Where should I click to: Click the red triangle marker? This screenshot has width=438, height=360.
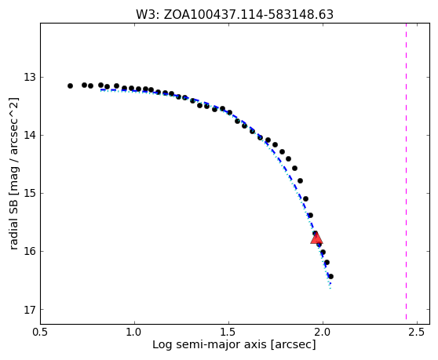316,238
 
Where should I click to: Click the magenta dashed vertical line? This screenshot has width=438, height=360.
406,171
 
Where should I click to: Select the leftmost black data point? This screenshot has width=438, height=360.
70,85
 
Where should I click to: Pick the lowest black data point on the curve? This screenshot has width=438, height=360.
330,276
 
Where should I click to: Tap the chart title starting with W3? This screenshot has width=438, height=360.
235,15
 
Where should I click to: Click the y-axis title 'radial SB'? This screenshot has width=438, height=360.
13,173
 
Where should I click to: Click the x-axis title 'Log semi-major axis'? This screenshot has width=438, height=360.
234,344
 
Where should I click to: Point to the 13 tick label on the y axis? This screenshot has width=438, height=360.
30,77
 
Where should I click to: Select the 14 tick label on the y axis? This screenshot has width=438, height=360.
30,135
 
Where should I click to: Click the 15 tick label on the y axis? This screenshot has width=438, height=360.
30,193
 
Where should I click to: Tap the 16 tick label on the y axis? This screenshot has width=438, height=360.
30,251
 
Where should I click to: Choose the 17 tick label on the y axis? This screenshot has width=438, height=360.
30,310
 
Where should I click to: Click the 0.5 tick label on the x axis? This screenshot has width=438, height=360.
41,332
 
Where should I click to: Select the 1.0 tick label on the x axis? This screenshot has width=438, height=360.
135,332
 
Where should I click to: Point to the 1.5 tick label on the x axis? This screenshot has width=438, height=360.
228,332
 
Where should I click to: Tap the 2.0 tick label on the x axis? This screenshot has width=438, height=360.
323,332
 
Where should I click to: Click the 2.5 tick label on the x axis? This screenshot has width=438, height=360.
417,332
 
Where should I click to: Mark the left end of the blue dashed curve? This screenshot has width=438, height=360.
100,90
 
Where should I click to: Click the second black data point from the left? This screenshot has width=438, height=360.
84,85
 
